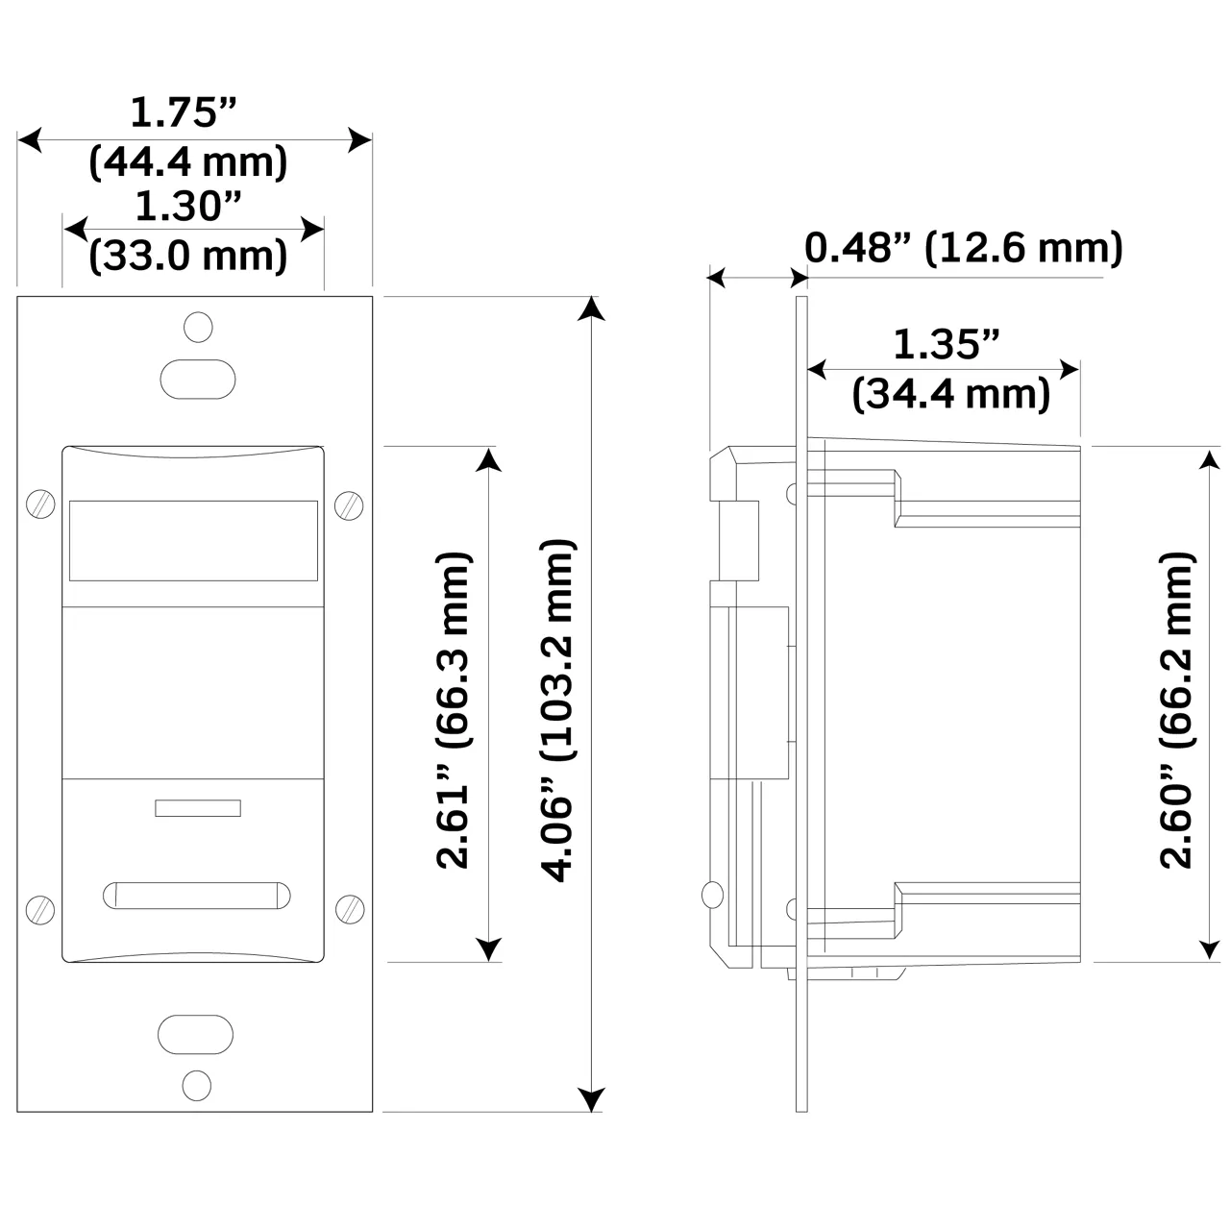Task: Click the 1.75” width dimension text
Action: pyautogui.click(x=183, y=113)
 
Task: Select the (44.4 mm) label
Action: pyautogui.click(x=188, y=162)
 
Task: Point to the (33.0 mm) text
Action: pyautogui.click(x=188, y=257)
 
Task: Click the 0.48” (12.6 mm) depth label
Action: pyautogui.click(x=963, y=249)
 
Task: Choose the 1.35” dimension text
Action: pyautogui.click(x=947, y=345)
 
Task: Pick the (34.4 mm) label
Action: pyautogui.click(x=951, y=394)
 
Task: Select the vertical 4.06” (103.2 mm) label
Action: pyautogui.click(x=558, y=710)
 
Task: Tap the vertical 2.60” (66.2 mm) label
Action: pyautogui.click(x=1176, y=710)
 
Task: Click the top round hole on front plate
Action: pyautogui.click(x=198, y=327)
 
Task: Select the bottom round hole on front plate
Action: pyautogui.click(x=196, y=1085)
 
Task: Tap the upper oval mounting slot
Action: pyautogui.click(x=197, y=379)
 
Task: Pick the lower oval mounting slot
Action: pyautogui.click(x=196, y=1034)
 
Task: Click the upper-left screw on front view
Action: pyautogui.click(x=39, y=504)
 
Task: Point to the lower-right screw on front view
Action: pyautogui.click(x=349, y=907)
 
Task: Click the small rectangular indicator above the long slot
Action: pyautogui.click(x=197, y=808)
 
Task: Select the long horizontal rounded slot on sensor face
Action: pyautogui.click(x=196, y=894)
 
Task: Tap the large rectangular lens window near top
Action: pyautogui.click(x=193, y=540)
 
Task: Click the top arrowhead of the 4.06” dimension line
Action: pyautogui.click(x=592, y=308)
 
